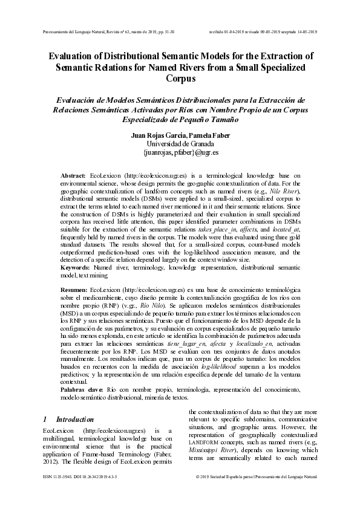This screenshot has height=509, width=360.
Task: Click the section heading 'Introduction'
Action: [x=74, y=419]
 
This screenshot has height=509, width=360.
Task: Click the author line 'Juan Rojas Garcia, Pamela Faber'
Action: [x=180, y=135]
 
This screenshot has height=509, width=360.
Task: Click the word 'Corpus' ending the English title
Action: [x=180, y=79]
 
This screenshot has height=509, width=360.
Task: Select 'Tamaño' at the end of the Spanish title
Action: [x=214, y=120]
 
